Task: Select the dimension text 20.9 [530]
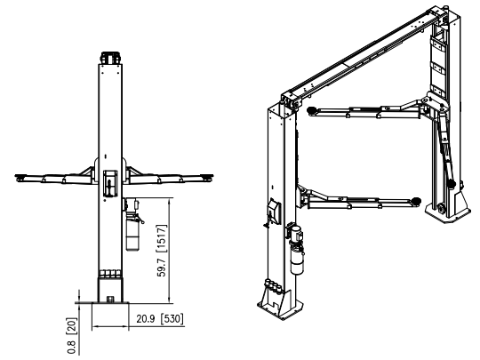[x=159, y=316]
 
